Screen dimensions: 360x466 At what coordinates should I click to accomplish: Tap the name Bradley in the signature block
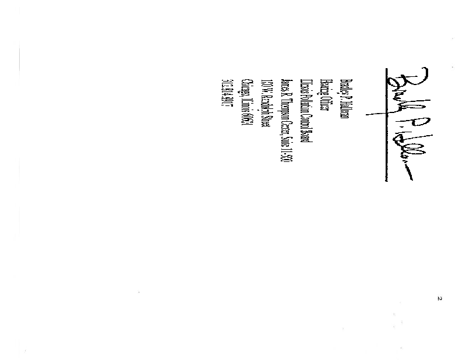(x=344, y=86)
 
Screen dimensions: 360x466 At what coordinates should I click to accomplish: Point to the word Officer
(x=328, y=107)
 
